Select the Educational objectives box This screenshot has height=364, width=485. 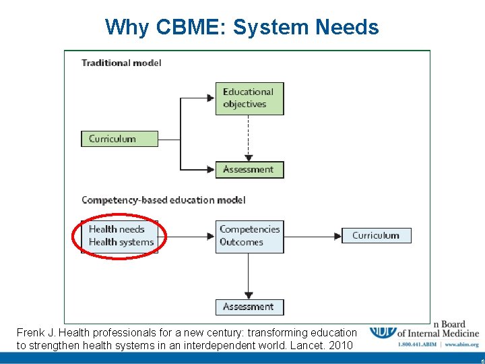click(x=249, y=98)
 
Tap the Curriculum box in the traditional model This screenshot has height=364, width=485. click(x=119, y=139)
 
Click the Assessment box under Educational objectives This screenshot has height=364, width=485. click(x=249, y=169)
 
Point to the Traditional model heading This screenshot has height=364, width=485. click(x=121, y=63)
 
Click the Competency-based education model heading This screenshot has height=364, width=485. click(x=163, y=200)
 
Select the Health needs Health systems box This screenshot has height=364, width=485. click(x=121, y=236)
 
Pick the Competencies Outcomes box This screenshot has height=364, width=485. click(x=249, y=236)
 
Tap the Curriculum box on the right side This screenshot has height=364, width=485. click(x=376, y=235)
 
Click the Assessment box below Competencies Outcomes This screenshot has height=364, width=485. click(x=249, y=307)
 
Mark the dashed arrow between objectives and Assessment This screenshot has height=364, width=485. click(x=249, y=138)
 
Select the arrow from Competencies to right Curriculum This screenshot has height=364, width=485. click(x=313, y=236)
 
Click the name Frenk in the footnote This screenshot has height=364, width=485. click(x=31, y=332)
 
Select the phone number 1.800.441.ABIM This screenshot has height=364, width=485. click(x=417, y=344)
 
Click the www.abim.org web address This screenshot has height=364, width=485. click(x=462, y=344)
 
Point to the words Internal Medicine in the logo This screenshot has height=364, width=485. click(x=444, y=333)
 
